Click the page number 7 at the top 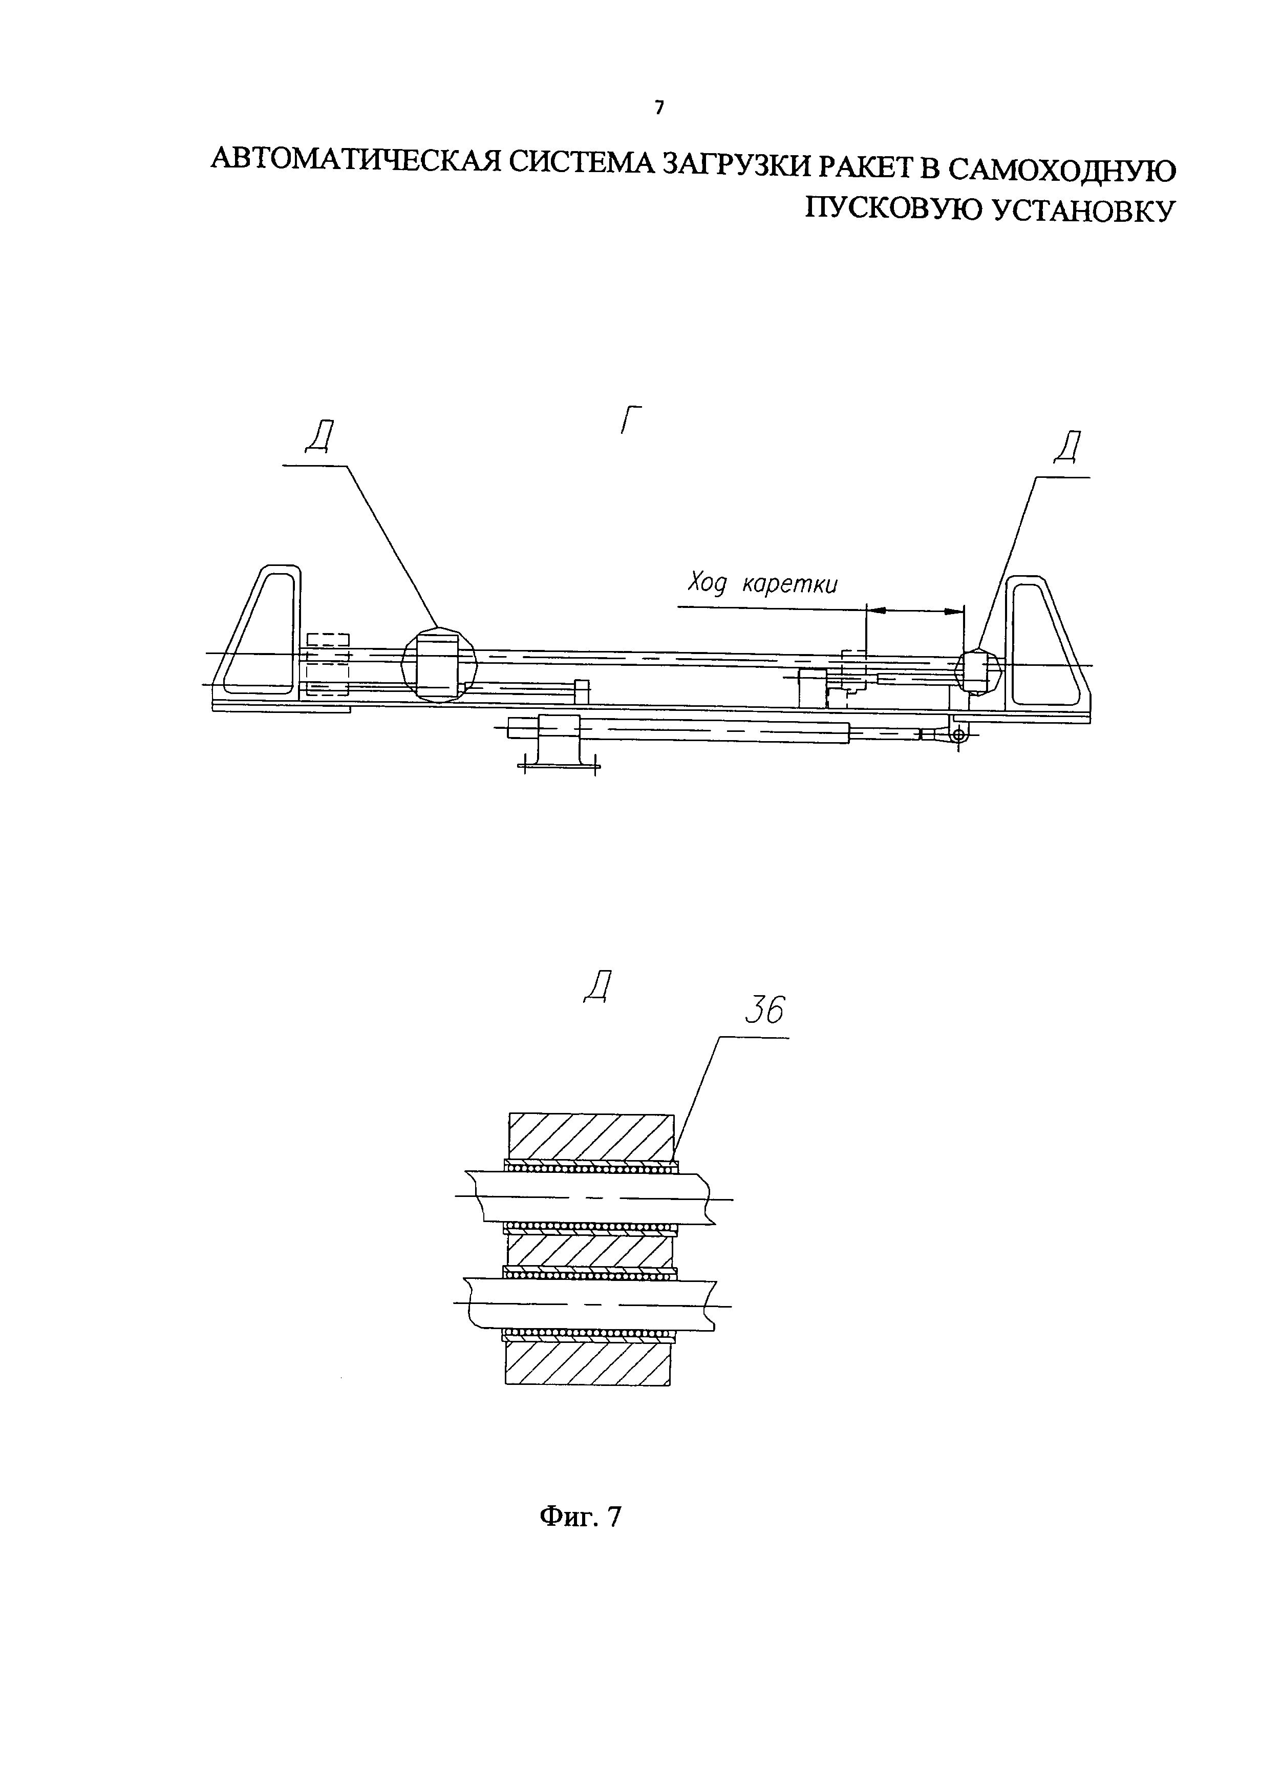(x=659, y=108)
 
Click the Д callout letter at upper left (x=319, y=437)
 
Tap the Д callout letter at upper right (x=1066, y=449)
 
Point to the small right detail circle (x=977, y=671)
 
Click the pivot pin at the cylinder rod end (x=958, y=735)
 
